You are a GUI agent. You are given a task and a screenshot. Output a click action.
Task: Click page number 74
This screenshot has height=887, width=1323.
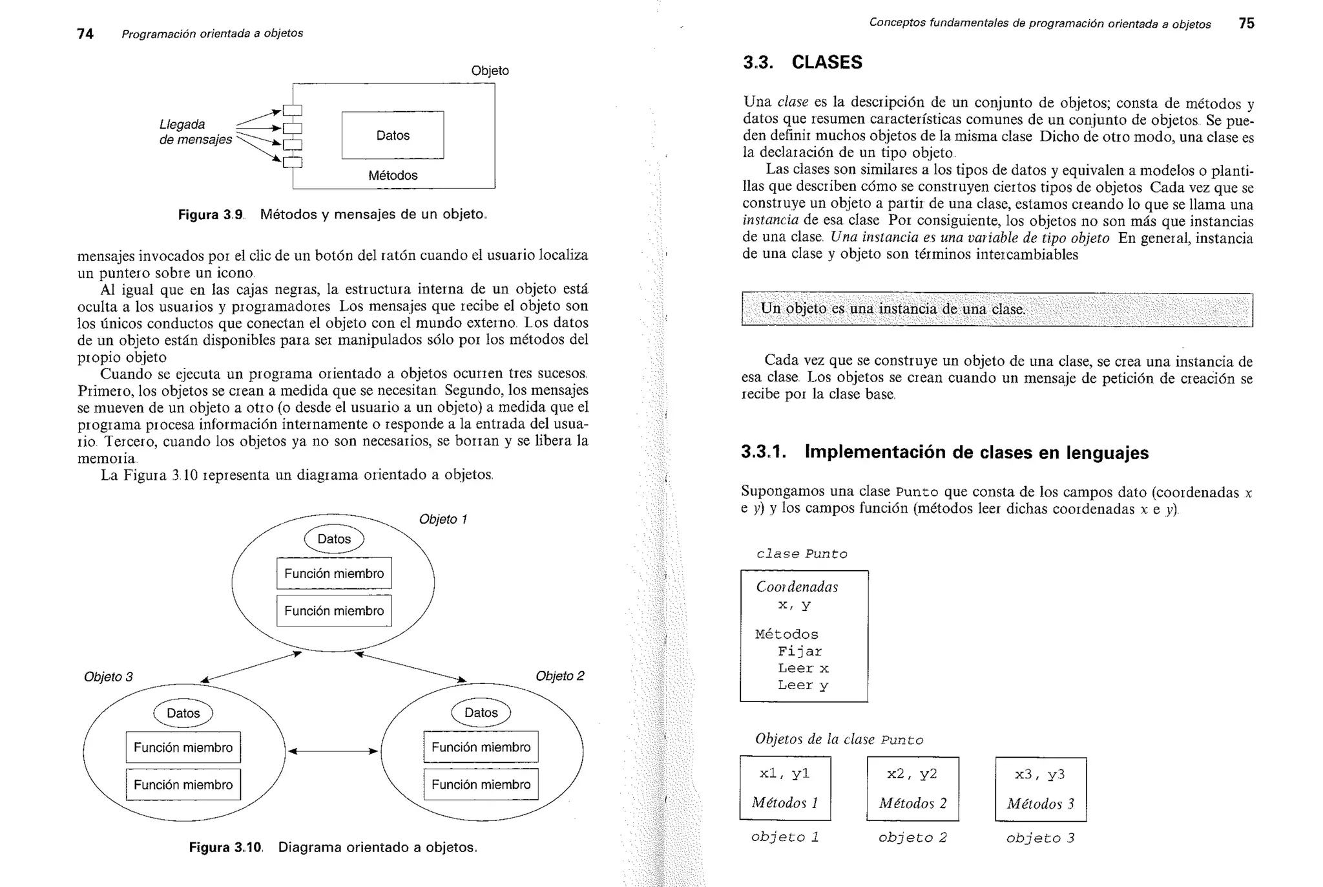[x=85, y=34]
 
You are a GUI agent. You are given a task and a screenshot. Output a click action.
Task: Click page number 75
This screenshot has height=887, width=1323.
[x=1246, y=24]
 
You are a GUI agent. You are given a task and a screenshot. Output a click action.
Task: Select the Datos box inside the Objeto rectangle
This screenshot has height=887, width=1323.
[x=393, y=135]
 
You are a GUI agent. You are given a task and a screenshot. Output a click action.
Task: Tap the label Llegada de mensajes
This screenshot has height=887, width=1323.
[x=195, y=132]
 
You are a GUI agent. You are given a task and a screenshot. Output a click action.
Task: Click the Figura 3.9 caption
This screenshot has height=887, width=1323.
[x=332, y=215]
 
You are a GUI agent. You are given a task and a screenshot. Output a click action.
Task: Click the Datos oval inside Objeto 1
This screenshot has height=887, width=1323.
[x=334, y=539]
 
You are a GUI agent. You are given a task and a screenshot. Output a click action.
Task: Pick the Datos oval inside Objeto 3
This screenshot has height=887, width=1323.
[x=183, y=713]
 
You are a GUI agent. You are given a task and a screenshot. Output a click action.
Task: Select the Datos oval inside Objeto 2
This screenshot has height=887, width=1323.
[x=481, y=712]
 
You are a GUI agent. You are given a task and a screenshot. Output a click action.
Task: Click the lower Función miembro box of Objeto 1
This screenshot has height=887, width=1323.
[x=334, y=611]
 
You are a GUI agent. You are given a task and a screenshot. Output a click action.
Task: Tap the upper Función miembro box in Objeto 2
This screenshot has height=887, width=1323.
[x=481, y=747]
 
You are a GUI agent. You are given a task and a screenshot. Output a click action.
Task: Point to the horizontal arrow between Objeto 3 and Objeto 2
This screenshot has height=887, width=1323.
[x=333, y=751]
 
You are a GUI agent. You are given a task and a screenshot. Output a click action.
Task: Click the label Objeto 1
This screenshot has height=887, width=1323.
[x=443, y=519]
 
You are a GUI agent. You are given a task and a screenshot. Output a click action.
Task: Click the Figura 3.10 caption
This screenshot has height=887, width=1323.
[x=333, y=848]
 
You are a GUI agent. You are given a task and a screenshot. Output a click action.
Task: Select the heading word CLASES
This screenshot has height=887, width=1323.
[x=827, y=63]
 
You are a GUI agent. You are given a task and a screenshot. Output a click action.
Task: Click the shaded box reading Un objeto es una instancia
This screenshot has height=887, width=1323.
[x=997, y=309]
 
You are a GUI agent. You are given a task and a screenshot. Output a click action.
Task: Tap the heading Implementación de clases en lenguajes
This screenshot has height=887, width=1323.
[x=976, y=453]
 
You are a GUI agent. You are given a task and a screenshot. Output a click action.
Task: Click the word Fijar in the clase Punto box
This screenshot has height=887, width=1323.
[x=800, y=652]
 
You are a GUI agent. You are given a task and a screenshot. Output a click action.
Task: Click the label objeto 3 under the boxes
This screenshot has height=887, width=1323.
[x=1040, y=839]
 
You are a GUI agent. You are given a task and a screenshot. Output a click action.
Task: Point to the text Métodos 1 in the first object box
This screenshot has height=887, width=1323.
[x=785, y=803]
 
